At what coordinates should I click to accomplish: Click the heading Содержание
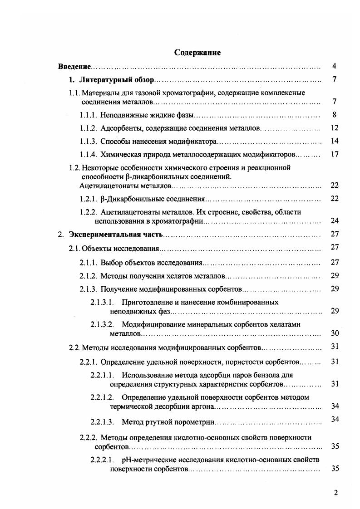pos(197,53)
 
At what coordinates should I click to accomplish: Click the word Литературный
pos(101,80)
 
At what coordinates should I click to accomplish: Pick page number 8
pos(334,114)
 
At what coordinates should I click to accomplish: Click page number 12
pos(335,128)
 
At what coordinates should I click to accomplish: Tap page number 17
pos(335,154)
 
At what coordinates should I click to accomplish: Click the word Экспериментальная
pos(102,235)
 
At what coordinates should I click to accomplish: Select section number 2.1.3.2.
pos(102,324)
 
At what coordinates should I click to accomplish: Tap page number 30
pos(335,333)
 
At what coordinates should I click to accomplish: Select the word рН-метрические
pos(145,460)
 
